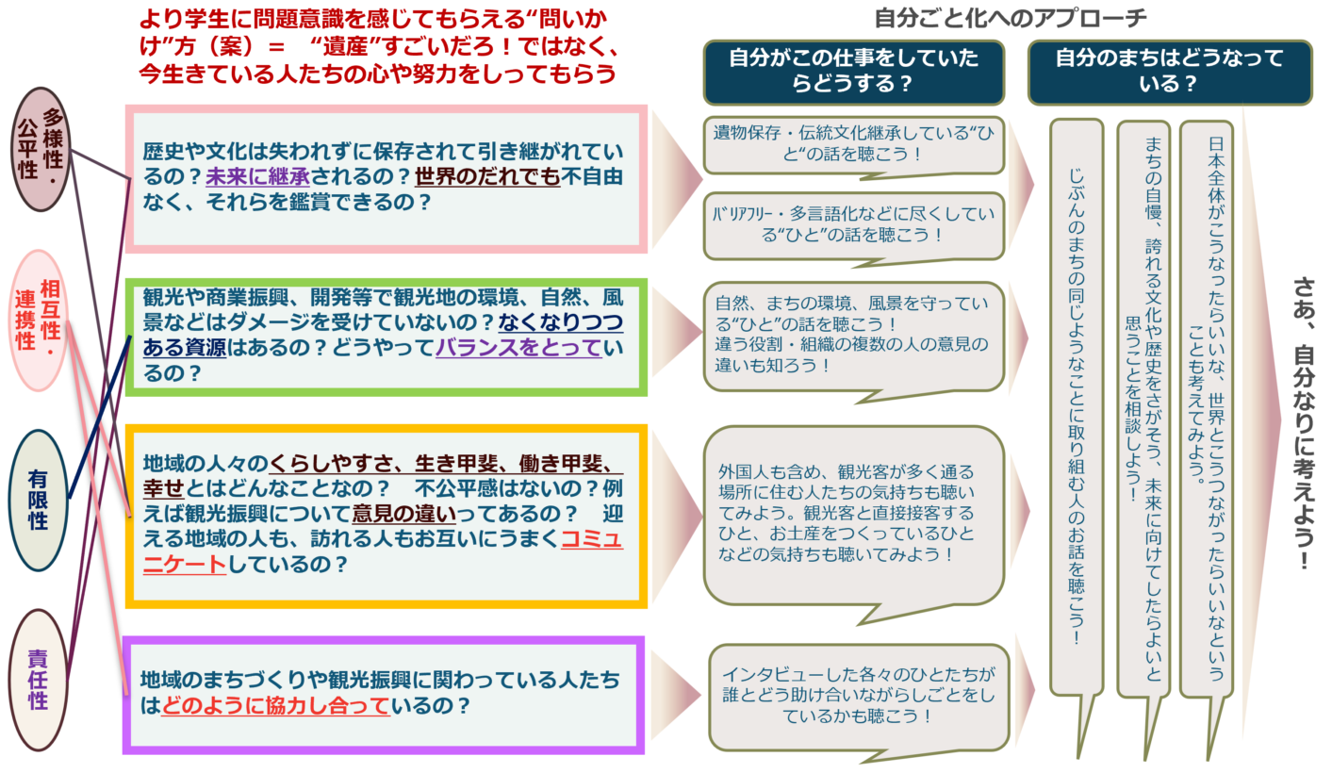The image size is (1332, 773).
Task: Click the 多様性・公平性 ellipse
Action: (41, 149)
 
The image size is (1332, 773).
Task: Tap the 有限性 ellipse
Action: (39, 500)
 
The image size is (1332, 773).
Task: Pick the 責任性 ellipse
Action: (38, 679)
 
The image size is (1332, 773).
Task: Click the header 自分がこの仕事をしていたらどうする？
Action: (854, 72)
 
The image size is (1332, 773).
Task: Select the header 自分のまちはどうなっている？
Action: (1170, 72)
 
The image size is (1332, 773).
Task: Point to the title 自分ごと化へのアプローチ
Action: (1011, 19)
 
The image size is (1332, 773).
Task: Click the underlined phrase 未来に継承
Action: (258, 176)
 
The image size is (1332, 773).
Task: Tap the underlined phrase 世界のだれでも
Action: (487, 176)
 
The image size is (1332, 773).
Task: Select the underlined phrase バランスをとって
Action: (519, 347)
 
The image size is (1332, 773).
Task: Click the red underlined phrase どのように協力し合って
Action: (276, 705)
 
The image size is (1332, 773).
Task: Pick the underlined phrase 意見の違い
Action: (404, 513)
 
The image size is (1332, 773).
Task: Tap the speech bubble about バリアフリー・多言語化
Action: (854, 225)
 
